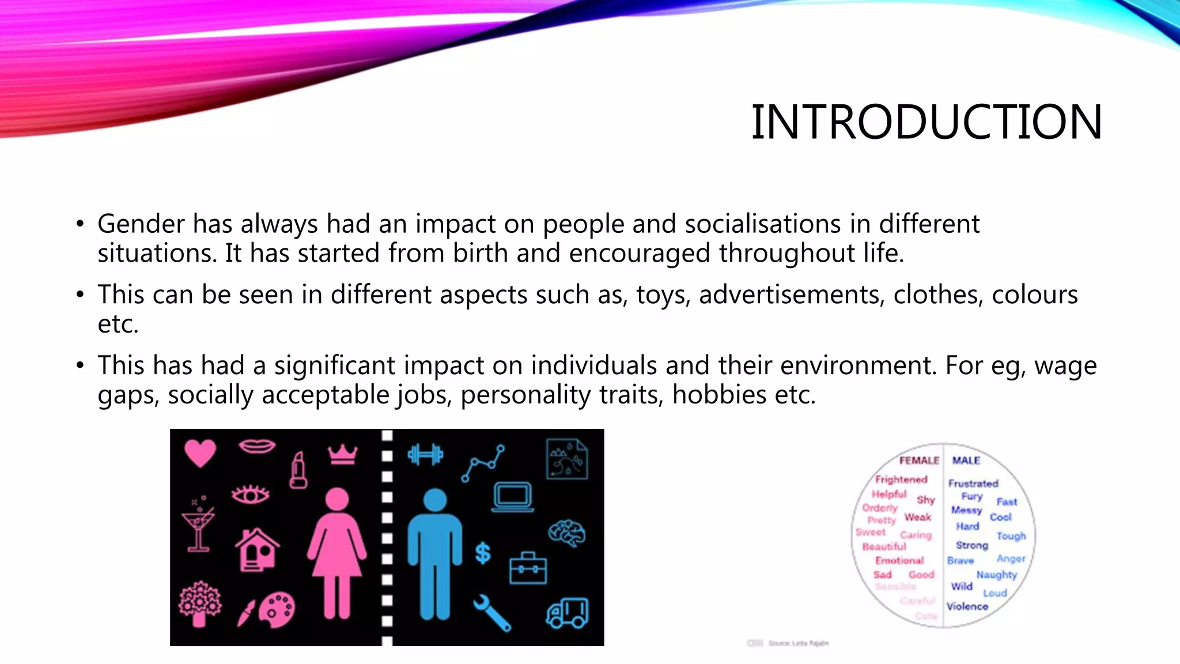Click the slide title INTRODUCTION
[x=926, y=122]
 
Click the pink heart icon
[x=200, y=452]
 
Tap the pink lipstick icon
[x=298, y=470]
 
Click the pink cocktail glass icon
[x=198, y=525]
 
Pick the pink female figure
[x=337, y=553]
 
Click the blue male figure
[x=435, y=553]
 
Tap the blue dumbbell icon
[x=425, y=455]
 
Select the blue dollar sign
[x=483, y=553]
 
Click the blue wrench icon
[x=491, y=613]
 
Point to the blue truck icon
[x=568, y=612]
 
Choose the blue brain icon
[x=567, y=533]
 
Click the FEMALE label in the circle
[x=919, y=461]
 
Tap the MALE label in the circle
[x=966, y=461]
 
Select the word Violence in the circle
[x=967, y=606]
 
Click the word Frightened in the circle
[x=901, y=480]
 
